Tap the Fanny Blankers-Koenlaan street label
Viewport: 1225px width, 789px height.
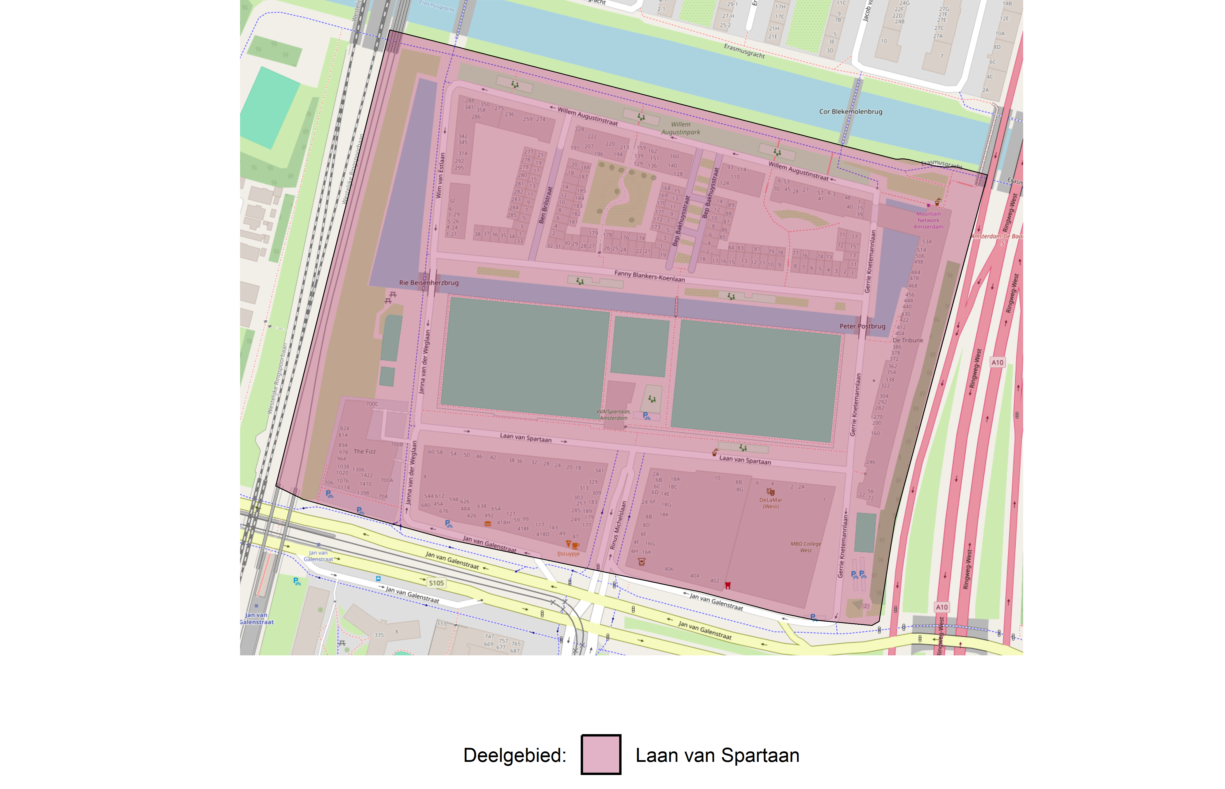point(649,276)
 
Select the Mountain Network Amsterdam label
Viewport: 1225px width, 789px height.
point(928,220)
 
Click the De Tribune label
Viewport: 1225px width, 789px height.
point(907,340)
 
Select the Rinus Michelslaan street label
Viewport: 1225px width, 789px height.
point(618,525)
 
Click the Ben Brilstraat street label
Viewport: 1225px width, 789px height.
point(545,205)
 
